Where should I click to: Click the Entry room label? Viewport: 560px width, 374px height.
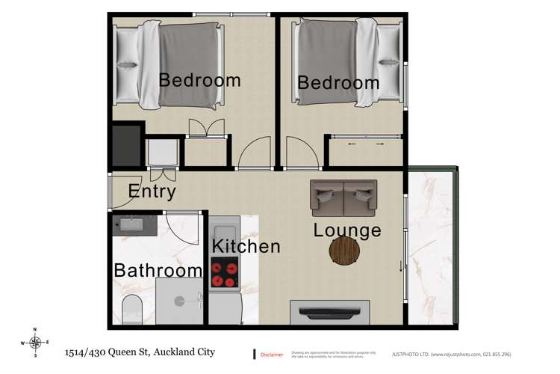(x=152, y=191)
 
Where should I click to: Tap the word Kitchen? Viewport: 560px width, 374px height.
(x=246, y=245)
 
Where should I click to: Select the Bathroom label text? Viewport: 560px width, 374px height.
(x=158, y=270)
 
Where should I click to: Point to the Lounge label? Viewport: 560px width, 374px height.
(x=347, y=230)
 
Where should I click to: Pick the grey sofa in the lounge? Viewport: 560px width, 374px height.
(x=343, y=197)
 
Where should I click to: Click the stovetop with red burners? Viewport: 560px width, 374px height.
(x=224, y=272)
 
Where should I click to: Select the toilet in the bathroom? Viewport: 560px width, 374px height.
(x=131, y=307)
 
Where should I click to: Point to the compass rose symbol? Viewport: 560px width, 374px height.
(x=34, y=341)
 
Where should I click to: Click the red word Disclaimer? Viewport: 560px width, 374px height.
(x=271, y=354)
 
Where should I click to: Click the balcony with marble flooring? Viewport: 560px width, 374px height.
(x=431, y=247)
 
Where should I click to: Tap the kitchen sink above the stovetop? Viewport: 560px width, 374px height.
(x=224, y=230)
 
